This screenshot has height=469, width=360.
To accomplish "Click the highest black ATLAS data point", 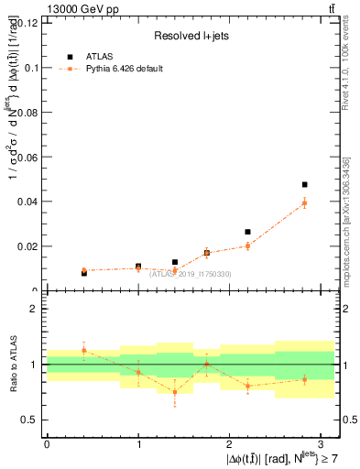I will [304, 185].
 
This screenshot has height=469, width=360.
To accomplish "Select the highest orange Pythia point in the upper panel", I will [304, 202].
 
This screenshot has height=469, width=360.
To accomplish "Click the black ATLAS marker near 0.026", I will [247, 232].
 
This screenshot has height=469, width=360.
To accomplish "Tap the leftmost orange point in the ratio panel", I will [83, 350].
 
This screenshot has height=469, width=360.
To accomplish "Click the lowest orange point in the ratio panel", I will [175, 392].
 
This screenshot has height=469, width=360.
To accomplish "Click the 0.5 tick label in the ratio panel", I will [29, 420].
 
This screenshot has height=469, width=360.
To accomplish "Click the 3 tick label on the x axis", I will [321, 443].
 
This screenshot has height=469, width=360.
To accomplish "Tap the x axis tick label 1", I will [138, 443].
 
